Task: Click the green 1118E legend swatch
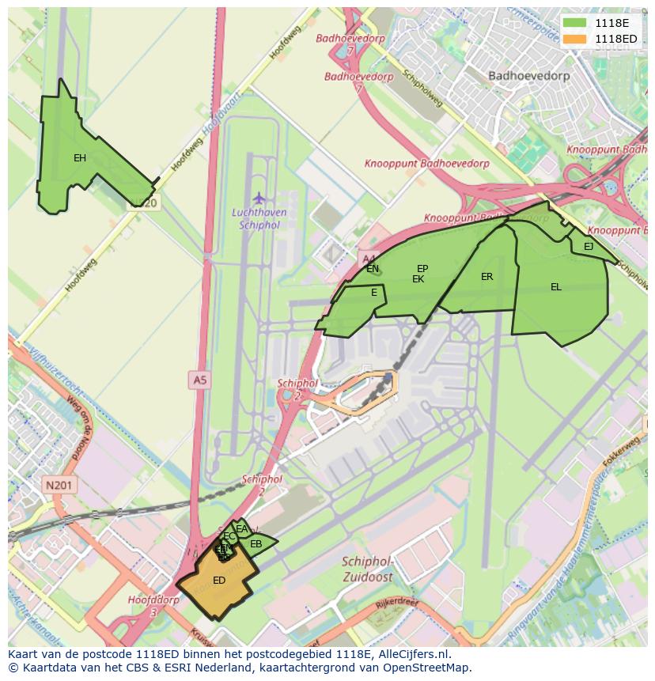pyautogui.click(x=575, y=24)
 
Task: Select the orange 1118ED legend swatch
pyautogui.click(x=575, y=39)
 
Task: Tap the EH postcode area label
pyautogui.click(x=80, y=158)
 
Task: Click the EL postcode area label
pyautogui.click(x=556, y=287)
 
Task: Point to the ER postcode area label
pyautogui.click(x=487, y=277)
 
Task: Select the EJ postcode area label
pyautogui.click(x=589, y=247)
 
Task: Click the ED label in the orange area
pyautogui.click(x=219, y=581)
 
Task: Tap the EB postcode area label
pyautogui.click(x=256, y=544)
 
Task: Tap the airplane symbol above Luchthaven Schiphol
pyautogui.click(x=259, y=197)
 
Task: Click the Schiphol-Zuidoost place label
pyautogui.click(x=368, y=569)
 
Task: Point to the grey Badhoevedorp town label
pyautogui.click(x=523, y=76)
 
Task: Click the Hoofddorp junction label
pyautogui.click(x=153, y=600)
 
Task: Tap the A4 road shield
pyautogui.click(x=368, y=258)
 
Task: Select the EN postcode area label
pyautogui.click(x=373, y=269)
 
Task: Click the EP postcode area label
pyautogui.click(x=422, y=269)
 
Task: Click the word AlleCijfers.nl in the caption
pyautogui.click(x=411, y=655)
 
